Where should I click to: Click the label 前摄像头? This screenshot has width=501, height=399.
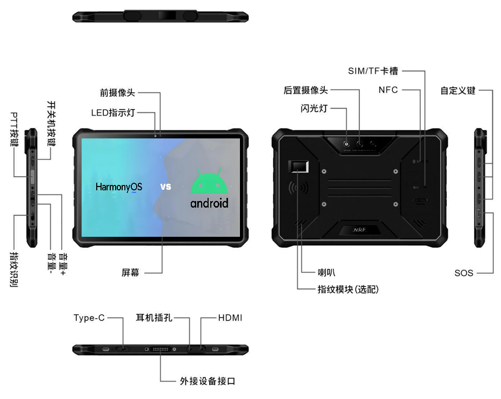click(117, 92)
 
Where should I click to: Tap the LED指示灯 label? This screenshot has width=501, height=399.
click(113, 112)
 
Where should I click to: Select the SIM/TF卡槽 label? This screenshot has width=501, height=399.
click(373, 71)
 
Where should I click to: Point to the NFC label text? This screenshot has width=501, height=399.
click(388, 90)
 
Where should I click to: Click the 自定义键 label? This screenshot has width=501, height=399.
click(458, 90)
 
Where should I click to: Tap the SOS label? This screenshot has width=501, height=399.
click(464, 273)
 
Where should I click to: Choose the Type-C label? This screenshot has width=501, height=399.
click(89, 318)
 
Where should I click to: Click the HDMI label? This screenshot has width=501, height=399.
click(230, 318)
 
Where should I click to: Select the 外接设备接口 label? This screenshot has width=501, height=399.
click(208, 381)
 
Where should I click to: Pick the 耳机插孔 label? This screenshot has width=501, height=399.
click(154, 318)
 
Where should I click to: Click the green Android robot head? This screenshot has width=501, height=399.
click(209, 182)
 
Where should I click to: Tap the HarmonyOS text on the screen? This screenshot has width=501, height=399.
click(119, 187)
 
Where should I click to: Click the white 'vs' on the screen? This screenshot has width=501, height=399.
click(165, 187)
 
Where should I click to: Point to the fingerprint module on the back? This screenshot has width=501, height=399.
click(298, 167)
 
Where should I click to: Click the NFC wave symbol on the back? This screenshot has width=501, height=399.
click(298, 188)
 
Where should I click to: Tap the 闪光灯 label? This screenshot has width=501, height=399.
click(314, 108)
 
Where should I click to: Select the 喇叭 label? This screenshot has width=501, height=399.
click(326, 272)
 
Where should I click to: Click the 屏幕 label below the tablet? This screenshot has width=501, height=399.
click(130, 272)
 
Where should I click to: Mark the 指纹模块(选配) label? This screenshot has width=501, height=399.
click(348, 289)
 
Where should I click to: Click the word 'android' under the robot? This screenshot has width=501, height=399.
click(209, 203)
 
